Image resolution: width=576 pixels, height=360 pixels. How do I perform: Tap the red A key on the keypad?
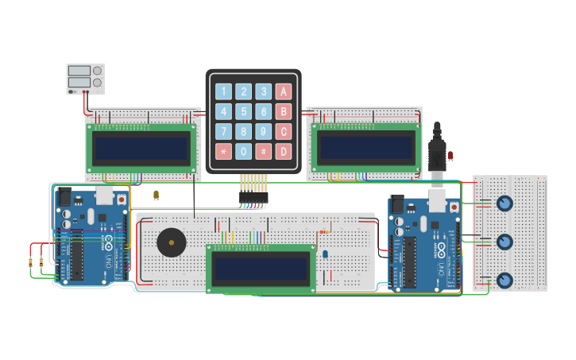click(x=284, y=91)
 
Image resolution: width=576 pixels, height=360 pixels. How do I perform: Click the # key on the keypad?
click(x=264, y=151)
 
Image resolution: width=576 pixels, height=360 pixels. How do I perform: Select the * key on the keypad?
click(x=224, y=151)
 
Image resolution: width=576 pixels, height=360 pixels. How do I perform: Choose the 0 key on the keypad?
click(x=244, y=151)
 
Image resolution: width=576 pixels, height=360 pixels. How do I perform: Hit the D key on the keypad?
click(x=284, y=151)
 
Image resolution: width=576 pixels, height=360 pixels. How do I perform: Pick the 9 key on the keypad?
click(x=264, y=131)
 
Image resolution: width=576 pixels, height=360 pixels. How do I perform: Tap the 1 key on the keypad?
click(x=224, y=91)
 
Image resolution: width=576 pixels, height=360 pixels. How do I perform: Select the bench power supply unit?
click(x=86, y=79)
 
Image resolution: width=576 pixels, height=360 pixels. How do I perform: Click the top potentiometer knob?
click(x=504, y=203)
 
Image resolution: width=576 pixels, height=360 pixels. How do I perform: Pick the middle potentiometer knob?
click(x=504, y=242)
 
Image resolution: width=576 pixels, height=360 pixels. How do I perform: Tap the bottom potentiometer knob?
click(x=504, y=280)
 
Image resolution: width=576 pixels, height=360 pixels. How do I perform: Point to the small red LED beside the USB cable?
click(x=450, y=155)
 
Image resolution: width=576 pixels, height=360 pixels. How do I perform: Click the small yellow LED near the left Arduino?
click(x=156, y=194)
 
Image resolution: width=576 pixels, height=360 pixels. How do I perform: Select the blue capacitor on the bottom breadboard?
click(x=325, y=254)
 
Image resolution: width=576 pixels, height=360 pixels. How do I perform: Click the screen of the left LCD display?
click(x=141, y=148)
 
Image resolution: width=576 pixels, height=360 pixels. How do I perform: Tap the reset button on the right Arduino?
click(x=454, y=207)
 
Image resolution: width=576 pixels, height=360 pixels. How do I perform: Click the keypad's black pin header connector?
click(x=253, y=197)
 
